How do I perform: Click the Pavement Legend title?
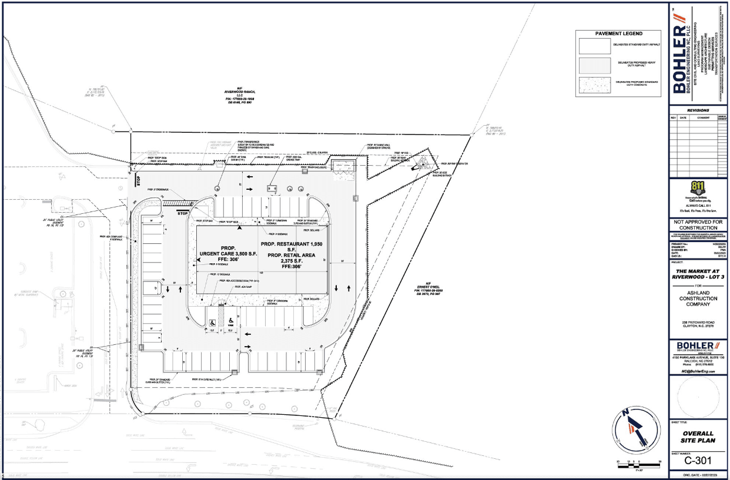point(620,33)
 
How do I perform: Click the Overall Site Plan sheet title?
point(697,436)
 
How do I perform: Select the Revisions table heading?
point(697,110)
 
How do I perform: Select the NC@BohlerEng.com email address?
point(697,372)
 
